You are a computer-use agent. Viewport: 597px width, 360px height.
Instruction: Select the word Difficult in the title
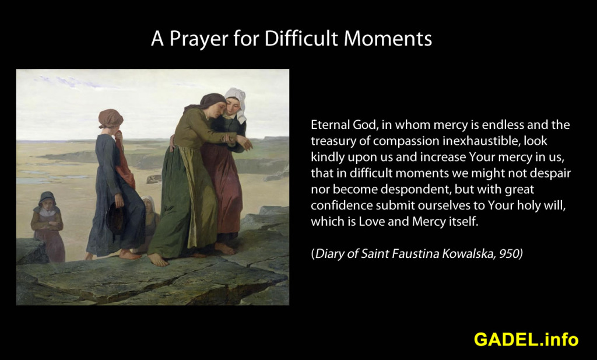tap(301, 38)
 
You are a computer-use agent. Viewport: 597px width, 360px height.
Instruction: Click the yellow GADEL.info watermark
tap(526, 339)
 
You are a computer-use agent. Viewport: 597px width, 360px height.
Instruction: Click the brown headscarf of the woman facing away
tap(110, 118)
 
